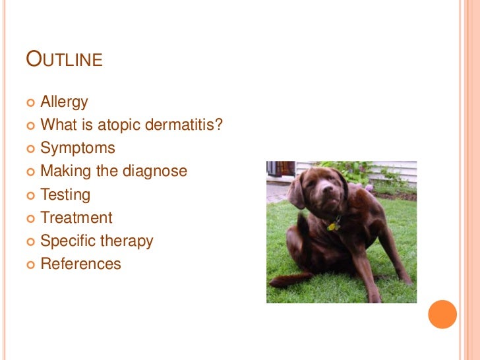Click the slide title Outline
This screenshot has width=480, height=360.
[64, 59]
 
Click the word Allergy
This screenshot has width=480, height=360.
[64, 102]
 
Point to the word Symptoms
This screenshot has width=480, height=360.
[78, 148]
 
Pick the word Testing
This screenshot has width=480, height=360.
[65, 195]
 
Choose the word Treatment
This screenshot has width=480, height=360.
[76, 218]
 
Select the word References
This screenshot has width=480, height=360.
[80, 264]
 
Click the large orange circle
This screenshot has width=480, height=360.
[442, 315]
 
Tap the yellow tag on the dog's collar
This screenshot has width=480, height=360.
[332, 226]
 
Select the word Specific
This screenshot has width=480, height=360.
[68, 241]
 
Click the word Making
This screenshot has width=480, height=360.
[62, 171]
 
